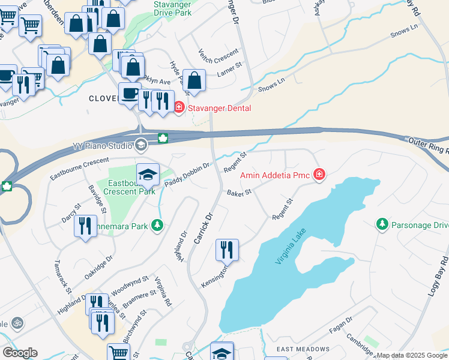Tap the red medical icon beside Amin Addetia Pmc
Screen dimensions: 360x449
[320, 175]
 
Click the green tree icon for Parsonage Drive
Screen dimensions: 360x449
[382, 224]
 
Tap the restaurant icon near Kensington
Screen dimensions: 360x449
[227, 249]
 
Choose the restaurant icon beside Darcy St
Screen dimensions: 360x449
[85, 226]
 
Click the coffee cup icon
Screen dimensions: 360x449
[129, 93]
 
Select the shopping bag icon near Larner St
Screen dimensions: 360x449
[194, 80]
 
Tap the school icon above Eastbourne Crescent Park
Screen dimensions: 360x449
[147, 175]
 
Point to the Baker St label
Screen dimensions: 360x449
[238, 191]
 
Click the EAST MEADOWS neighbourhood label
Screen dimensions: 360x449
[303, 349]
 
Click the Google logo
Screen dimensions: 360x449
[20, 353]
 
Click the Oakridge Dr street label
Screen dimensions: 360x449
[98, 267]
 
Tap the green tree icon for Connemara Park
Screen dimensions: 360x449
[157, 226]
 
